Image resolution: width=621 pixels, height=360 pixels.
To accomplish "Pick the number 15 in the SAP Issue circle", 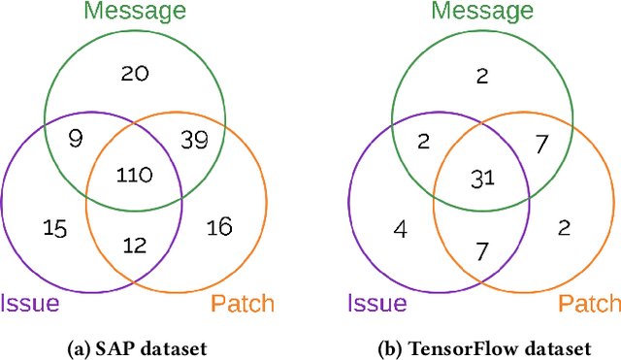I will coord(55,228).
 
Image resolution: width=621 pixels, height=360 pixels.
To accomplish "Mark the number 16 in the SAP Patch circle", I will coord(219,228).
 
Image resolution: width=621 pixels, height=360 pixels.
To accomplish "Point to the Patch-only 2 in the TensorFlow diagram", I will coord(563,228).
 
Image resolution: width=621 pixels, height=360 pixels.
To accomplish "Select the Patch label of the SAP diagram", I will coord(241,304).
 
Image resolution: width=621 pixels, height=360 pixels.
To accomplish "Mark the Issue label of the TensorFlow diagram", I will coord(376,304).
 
